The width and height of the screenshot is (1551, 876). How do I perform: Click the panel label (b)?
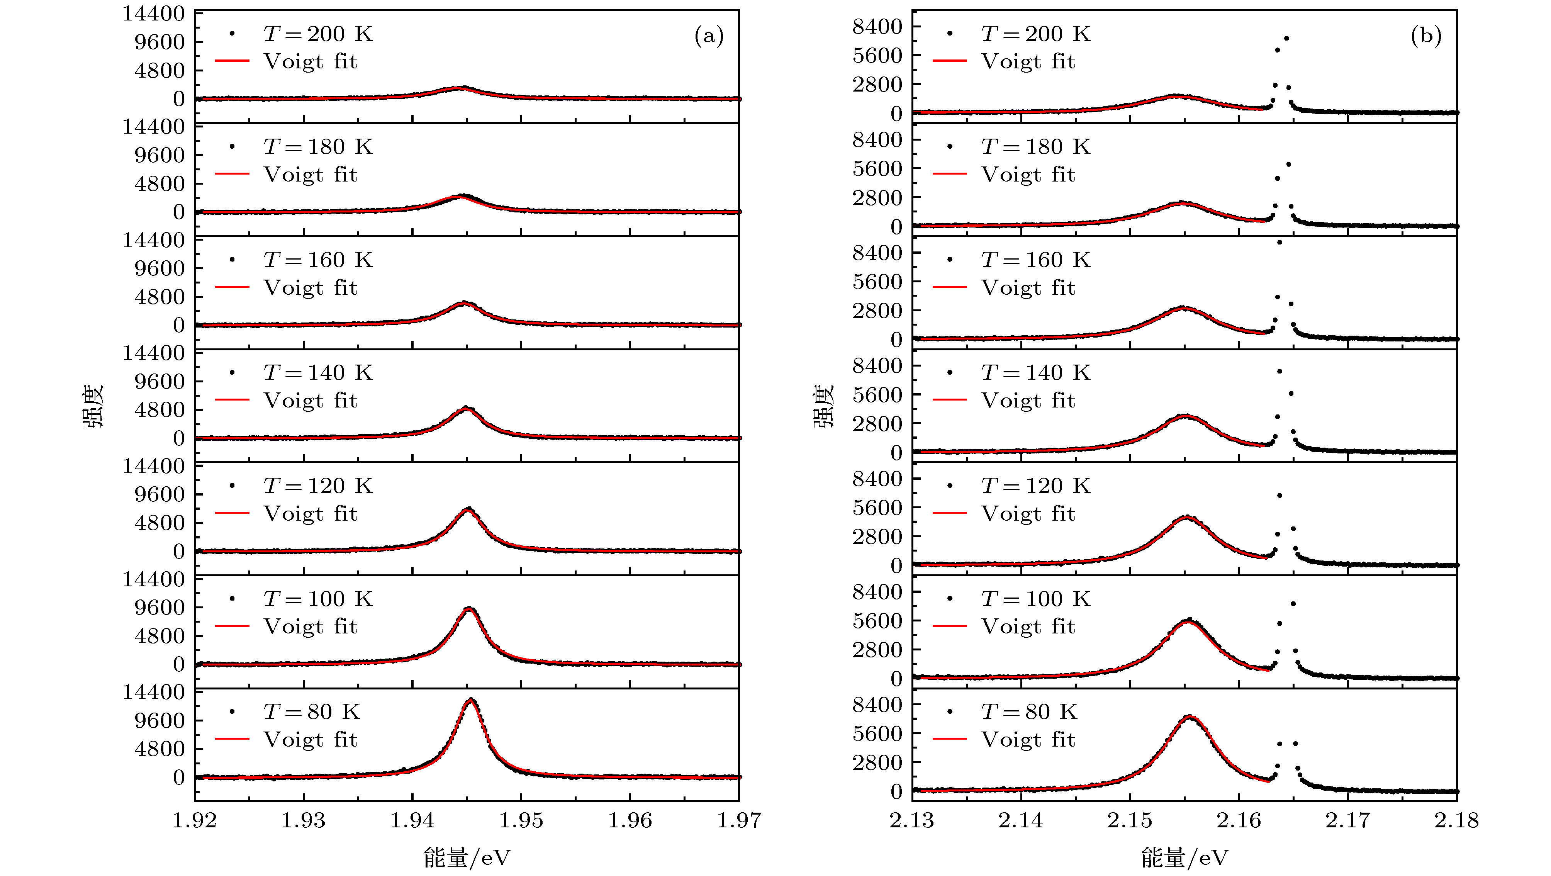pos(1426,37)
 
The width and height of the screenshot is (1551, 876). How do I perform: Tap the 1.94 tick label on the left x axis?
pos(412,820)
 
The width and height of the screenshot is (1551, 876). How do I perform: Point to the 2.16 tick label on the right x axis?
pos(1239,820)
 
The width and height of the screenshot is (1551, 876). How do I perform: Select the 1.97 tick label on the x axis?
pos(739,820)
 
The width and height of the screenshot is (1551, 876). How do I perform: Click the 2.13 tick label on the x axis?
pos(912,820)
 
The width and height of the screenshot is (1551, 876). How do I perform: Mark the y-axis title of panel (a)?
pos(94,405)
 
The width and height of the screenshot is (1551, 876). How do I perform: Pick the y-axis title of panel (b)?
pos(824,405)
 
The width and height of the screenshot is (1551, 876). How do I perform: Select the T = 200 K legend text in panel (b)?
pos(1035,34)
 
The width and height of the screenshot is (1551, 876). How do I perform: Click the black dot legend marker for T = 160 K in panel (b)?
pos(950,260)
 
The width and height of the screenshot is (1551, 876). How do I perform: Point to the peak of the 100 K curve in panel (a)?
pos(469,609)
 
